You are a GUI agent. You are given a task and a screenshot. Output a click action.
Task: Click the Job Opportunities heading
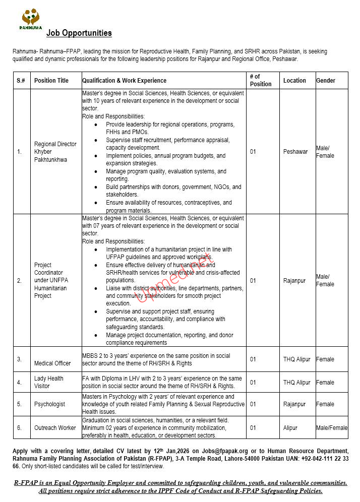[79, 33]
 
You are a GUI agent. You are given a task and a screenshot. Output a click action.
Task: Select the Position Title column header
[51, 81]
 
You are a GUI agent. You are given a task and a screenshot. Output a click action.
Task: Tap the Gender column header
[326, 81]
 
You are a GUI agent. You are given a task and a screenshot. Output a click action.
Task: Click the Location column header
[294, 81]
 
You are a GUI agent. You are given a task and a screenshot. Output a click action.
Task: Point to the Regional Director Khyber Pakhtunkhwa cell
[55, 152]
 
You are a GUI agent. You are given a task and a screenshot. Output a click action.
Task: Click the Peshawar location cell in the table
[295, 152]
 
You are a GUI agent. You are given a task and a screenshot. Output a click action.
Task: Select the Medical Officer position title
[52, 363]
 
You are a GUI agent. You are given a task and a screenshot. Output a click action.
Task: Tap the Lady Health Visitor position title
[49, 382]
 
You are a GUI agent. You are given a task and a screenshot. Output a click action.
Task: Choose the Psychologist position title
[49, 404]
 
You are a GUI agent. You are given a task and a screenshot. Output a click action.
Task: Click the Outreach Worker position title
[55, 428]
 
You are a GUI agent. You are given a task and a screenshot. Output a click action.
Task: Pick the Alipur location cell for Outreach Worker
[290, 428]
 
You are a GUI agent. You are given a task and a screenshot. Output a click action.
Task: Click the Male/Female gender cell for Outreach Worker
[332, 428]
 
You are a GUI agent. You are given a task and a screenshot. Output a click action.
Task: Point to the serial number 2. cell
[20, 281]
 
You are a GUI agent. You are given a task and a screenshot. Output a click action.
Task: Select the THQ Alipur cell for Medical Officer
[297, 359]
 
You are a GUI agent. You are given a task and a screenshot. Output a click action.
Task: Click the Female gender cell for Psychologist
[325, 404]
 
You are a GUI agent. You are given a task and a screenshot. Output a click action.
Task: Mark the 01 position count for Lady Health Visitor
[253, 383]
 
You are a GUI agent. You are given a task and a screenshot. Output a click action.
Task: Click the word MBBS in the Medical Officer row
[91, 356]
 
